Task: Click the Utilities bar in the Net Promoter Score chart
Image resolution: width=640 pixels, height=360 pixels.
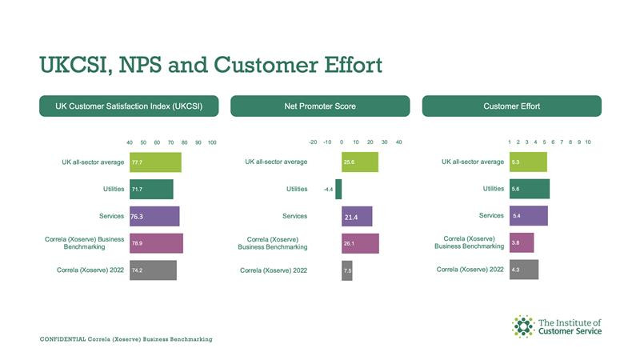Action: [338, 189]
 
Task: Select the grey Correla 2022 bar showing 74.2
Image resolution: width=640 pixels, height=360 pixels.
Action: [153, 270]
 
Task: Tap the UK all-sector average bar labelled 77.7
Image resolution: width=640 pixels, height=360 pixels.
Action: [155, 162]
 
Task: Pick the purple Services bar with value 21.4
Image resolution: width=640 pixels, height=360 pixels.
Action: [357, 216]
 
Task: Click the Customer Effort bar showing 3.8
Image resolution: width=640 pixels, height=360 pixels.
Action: [522, 242]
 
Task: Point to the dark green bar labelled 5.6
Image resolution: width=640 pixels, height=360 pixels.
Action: [530, 189]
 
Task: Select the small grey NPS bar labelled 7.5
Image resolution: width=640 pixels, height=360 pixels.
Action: [347, 270]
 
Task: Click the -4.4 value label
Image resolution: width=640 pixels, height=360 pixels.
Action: [328, 190]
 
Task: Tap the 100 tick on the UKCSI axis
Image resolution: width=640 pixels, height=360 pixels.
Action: [212, 142]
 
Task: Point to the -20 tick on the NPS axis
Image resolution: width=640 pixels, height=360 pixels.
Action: [313, 142]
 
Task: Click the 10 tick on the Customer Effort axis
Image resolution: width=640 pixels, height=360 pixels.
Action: [588, 142]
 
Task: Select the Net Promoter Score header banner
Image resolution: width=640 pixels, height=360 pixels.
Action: [320, 106]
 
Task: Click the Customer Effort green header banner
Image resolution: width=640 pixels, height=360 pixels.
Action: [512, 106]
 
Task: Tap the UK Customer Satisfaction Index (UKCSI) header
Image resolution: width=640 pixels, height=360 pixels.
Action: [129, 106]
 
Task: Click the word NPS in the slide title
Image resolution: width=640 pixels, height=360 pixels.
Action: [140, 65]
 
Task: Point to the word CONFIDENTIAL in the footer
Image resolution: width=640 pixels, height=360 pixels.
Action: [63, 339]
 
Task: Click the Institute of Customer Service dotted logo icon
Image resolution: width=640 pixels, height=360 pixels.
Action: [523, 326]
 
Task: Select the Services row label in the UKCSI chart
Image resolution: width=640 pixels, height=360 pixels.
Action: [111, 216]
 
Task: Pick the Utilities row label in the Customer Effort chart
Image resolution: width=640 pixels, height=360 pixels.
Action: [494, 189]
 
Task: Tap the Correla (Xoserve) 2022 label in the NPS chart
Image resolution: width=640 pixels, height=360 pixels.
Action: [274, 270]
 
